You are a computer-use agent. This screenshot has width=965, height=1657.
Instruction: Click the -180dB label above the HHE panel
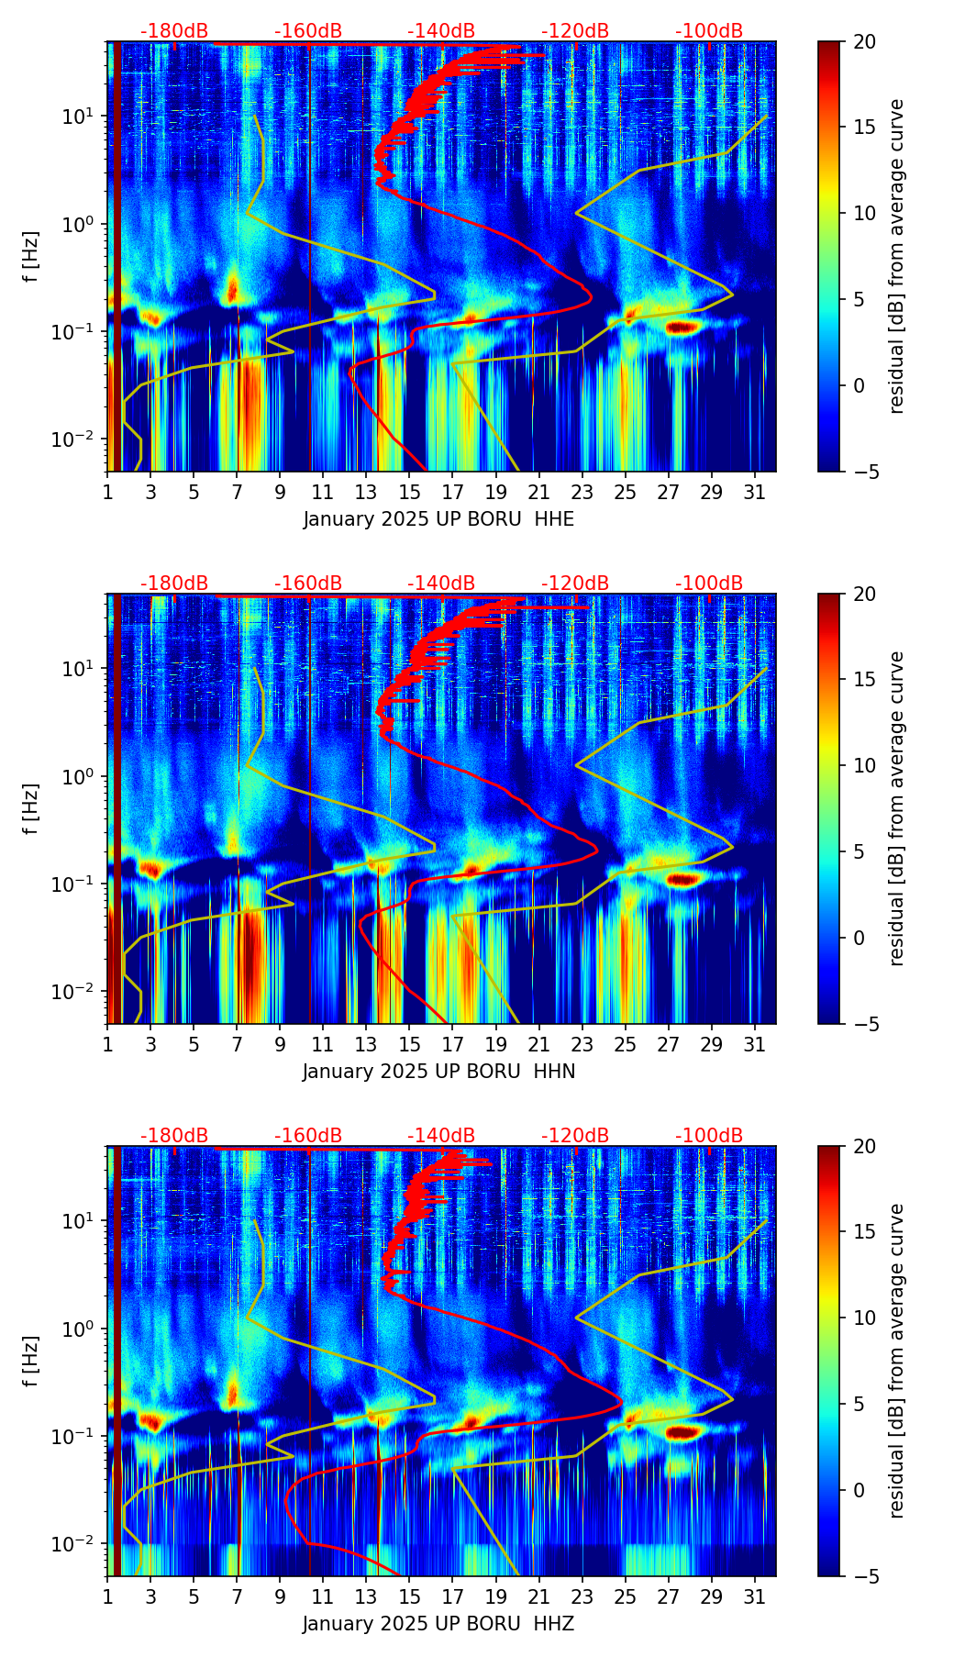coord(174,31)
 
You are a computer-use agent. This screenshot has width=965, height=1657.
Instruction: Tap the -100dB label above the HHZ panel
coord(709,1136)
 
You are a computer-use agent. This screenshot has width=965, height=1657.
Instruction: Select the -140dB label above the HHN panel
coord(441,584)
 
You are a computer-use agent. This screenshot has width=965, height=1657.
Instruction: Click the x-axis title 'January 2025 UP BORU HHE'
coord(438,519)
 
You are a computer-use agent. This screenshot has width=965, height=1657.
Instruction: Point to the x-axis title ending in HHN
coord(438,1072)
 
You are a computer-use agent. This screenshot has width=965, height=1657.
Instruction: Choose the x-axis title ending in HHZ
coord(438,1624)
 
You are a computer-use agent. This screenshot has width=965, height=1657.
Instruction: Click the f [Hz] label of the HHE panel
coord(31,257)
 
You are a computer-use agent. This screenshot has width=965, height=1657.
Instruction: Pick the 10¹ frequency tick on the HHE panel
coord(75,117)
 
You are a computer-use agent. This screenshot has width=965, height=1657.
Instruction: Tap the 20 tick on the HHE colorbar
coord(864,42)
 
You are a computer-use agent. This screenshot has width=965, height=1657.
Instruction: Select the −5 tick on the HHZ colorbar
coord(864,1576)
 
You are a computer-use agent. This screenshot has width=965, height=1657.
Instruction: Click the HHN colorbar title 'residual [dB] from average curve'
coord(897,808)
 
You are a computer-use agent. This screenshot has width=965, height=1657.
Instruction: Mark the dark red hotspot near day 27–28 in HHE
coord(683,327)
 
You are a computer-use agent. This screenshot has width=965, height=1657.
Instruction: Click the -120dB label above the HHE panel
coord(575,31)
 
